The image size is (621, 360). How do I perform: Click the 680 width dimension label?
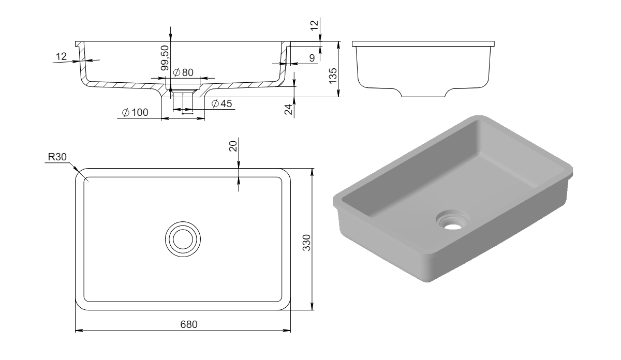[189, 324]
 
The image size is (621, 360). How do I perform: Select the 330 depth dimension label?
[306, 243]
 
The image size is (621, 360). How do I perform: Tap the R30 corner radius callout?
[57, 157]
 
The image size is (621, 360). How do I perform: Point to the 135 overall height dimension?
[332, 76]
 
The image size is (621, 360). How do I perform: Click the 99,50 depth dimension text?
[165, 58]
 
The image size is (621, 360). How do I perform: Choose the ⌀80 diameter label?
[183, 72]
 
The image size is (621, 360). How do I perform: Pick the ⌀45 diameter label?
[221, 103]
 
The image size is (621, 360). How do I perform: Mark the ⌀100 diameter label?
[135, 113]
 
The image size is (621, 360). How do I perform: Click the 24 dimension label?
[289, 110]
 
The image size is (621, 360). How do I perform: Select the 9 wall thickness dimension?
[312, 58]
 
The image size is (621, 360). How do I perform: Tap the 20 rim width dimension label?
[233, 146]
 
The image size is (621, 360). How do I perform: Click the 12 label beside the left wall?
[61, 56]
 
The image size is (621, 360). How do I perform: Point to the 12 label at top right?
[315, 25]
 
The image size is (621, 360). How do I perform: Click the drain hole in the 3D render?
[453, 225]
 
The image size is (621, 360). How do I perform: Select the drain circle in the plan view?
[183, 239]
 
